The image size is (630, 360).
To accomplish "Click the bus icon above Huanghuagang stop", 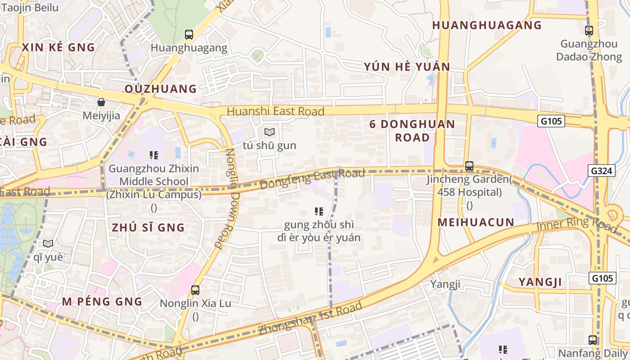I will click(189, 35).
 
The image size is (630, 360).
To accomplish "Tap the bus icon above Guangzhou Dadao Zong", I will click(589, 31).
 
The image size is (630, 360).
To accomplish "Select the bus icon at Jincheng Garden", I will click(469, 166).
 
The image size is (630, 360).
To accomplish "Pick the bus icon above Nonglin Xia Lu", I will click(195, 290).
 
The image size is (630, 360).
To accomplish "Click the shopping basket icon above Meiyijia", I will click(101, 102).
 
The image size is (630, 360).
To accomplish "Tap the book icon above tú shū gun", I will click(270, 132).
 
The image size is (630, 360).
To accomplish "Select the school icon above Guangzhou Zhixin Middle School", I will click(154, 155).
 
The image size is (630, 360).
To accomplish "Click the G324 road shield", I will click(602, 170).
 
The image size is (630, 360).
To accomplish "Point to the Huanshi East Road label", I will click(275, 111).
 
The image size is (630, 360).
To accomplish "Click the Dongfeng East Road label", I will click(312, 179).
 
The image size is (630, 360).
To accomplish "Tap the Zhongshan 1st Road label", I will click(310, 318).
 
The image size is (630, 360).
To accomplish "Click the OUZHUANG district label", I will click(161, 89).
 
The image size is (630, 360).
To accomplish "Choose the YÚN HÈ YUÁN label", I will click(407, 67).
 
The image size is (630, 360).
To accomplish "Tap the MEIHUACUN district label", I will click(476, 222).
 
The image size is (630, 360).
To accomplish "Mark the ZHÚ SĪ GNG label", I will click(148, 227).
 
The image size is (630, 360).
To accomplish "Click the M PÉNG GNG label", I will click(102, 301).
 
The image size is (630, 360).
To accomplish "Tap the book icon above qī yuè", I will click(48, 243).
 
